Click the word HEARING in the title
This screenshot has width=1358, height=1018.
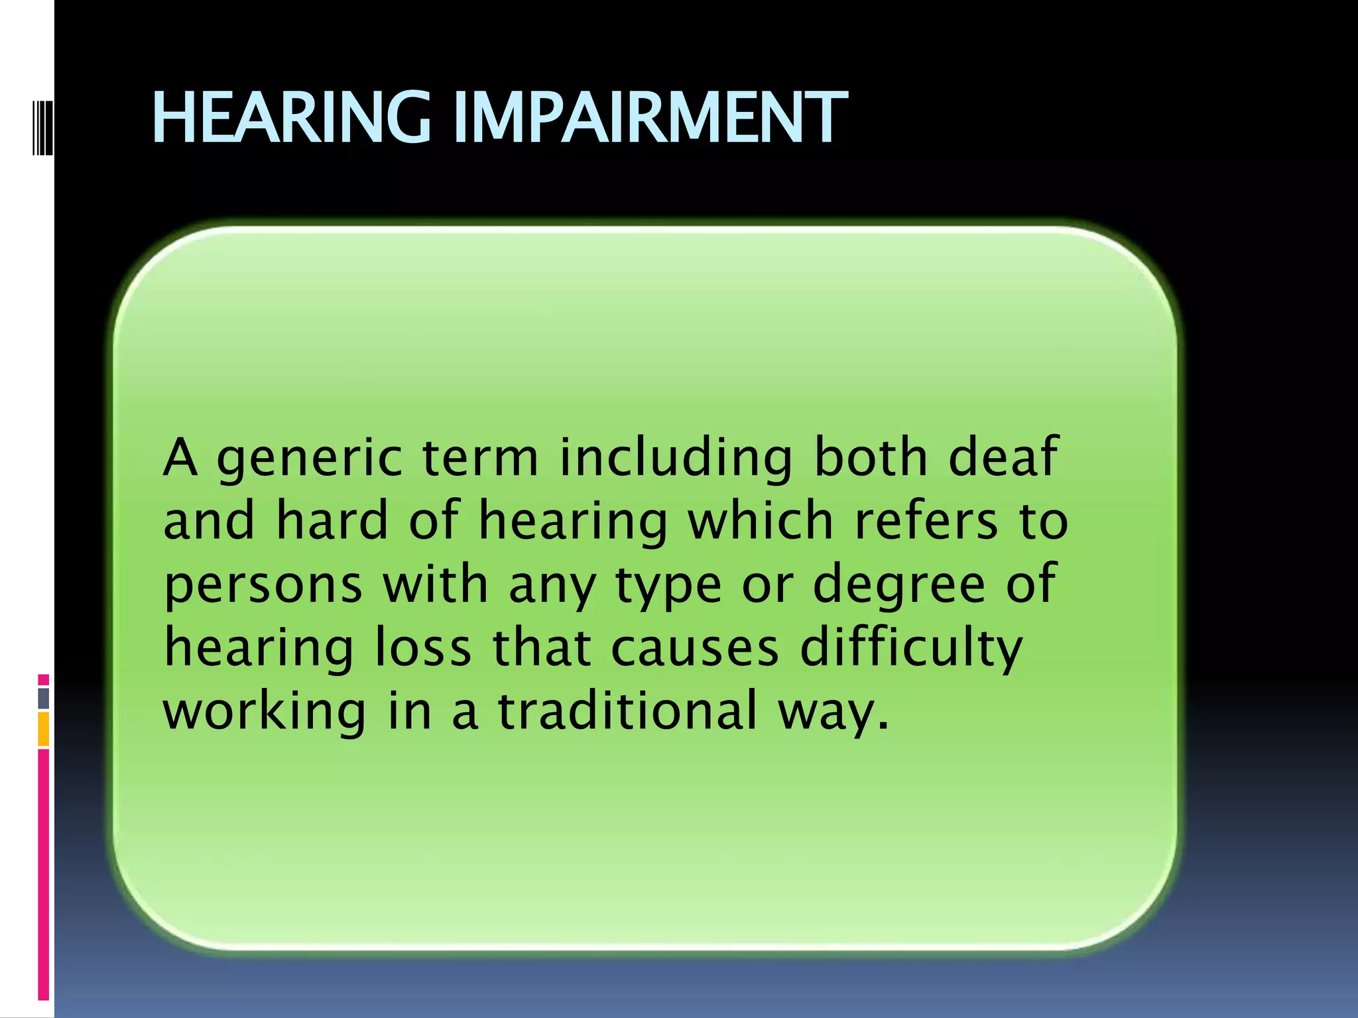tap(292, 118)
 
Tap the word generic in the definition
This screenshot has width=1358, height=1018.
tap(310, 459)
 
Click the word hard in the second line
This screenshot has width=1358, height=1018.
tap(332, 520)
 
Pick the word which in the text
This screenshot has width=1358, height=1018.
tap(761, 520)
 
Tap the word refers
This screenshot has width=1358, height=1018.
tap(926, 520)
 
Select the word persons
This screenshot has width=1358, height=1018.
tap(263, 585)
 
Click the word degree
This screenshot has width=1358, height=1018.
tap(899, 585)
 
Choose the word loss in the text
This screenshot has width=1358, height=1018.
tap(422, 648)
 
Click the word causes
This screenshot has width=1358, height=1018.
tap(694, 648)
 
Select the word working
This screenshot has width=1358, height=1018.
tap(264, 710)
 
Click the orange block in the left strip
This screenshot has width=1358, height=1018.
tap(44, 729)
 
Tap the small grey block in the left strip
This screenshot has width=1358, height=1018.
tap(44, 698)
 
